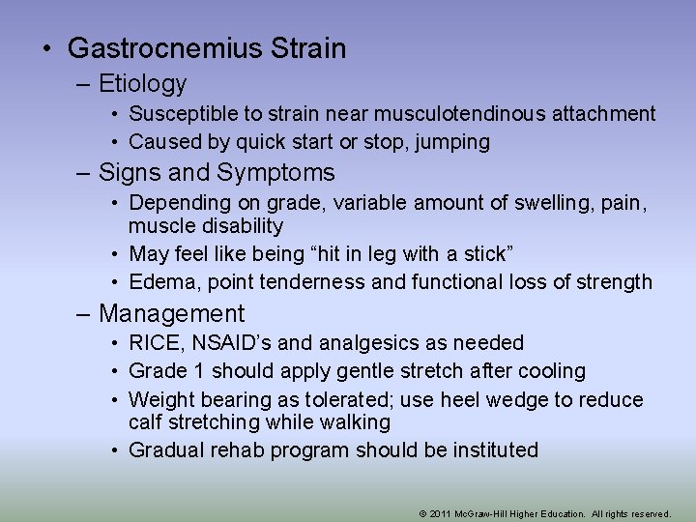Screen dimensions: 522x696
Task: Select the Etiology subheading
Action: point(142,84)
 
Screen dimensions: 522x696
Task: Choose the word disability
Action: point(239,226)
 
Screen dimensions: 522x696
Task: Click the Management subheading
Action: point(172,314)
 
